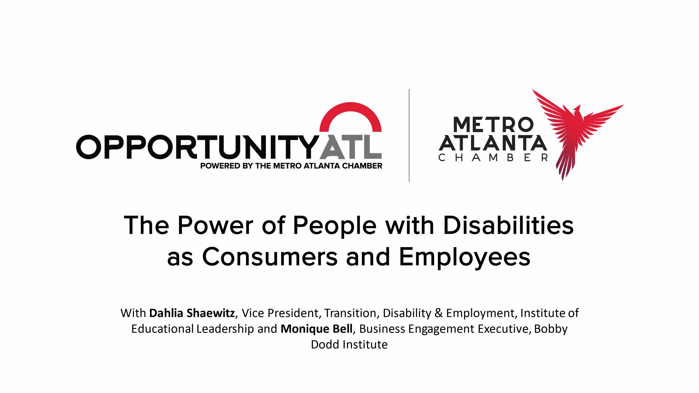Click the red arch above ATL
pos(351,109)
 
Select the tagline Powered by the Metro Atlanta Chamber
pos(291,166)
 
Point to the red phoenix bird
pos(576,128)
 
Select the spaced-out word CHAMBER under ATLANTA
pos(493,158)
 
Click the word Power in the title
pos(216,225)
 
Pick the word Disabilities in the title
pos(508,225)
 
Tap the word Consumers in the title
pos(270,257)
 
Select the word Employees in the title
pos(464,257)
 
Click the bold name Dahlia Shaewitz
pos(192,313)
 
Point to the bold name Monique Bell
pos(316,329)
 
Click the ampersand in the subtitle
pos(439,313)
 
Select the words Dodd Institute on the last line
pos(349,345)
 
